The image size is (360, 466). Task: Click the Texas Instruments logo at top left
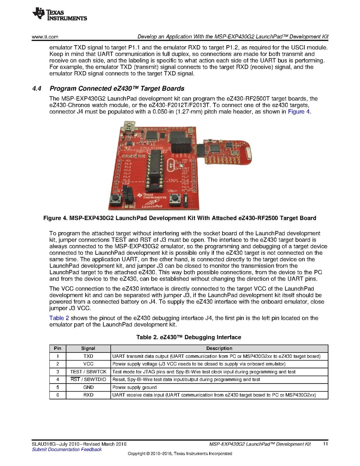[x=59, y=14]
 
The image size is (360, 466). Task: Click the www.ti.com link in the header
[x=45, y=37]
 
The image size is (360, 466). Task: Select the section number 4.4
[x=37, y=89]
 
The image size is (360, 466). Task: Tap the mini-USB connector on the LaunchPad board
[x=128, y=127]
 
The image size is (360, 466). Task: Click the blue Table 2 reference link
[x=59, y=318]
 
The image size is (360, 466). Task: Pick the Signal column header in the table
[x=88, y=349]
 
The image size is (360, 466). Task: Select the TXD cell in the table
[x=88, y=356]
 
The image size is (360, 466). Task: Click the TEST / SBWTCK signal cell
[x=88, y=372]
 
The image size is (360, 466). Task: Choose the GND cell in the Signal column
[x=88, y=387]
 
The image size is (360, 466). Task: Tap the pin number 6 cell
[x=58, y=395]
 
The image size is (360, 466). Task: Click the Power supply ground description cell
[x=135, y=387]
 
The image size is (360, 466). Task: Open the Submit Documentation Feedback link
[x=66, y=450]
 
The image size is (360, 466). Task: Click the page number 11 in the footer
[x=325, y=444]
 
